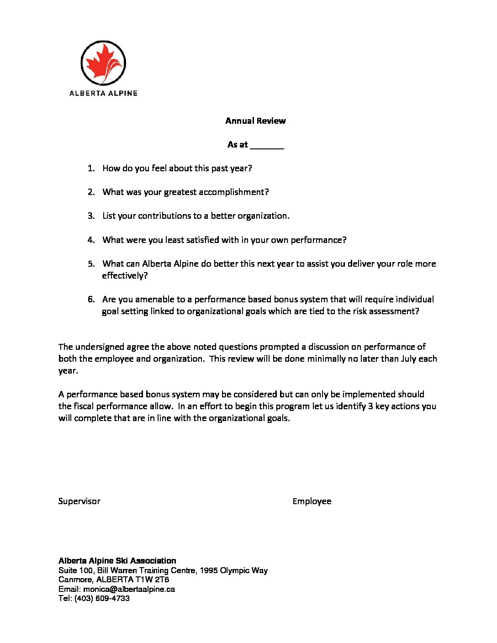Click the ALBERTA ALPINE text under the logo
click(103, 93)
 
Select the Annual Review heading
click(255, 121)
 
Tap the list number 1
click(90, 169)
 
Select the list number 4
click(90, 240)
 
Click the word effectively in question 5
click(125, 276)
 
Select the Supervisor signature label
click(79, 501)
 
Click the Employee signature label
click(312, 501)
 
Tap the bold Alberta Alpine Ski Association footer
click(117, 561)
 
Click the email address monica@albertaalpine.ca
click(129, 589)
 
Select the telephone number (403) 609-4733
click(102, 598)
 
